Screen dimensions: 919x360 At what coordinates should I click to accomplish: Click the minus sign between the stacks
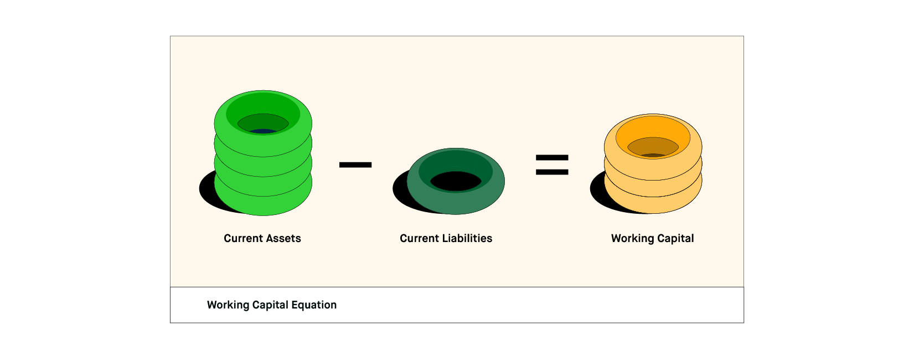tap(355, 164)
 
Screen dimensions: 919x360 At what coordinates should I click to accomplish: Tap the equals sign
tap(552, 164)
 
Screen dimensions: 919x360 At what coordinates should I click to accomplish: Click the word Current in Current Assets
tap(243, 238)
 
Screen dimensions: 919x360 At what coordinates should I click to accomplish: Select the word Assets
tap(283, 238)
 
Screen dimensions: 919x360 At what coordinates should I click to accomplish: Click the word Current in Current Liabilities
tap(419, 238)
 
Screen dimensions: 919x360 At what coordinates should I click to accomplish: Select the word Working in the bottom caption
tap(228, 305)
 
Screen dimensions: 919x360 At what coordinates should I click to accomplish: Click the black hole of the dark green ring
tap(456, 181)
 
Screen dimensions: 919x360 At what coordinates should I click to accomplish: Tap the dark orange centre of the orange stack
tap(653, 146)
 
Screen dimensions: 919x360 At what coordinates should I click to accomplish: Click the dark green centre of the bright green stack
tap(263, 122)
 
